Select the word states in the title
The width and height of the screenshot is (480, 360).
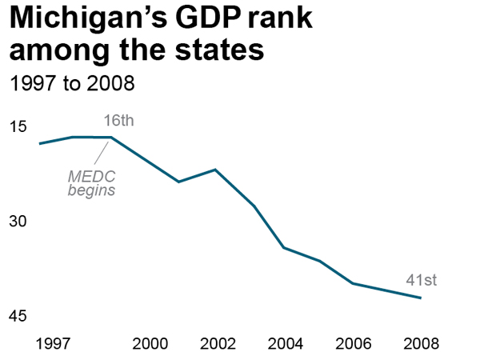coord(216,51)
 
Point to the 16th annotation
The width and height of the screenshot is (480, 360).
coord(118,122)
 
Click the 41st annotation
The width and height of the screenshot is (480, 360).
coord(422,280)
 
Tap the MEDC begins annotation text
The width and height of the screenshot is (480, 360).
coord(91,184)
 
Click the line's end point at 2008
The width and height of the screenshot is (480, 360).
coord(421,298)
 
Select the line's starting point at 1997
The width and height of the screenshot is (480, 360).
coord(39,144)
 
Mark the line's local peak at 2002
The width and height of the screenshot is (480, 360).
coord(215,170)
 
